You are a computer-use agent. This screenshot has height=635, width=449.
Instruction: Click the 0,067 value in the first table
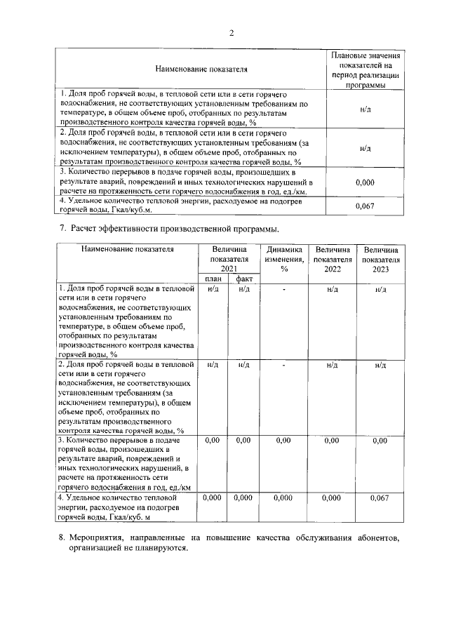tap(363, 205)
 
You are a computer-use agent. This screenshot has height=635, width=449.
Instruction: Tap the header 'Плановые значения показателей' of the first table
tap(364, 69)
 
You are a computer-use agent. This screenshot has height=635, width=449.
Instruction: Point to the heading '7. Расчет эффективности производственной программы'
tap(167, 229)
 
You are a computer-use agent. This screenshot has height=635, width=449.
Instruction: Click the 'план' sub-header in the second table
tap(213, 279)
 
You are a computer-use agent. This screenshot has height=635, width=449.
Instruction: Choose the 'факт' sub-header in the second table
tap(244, 279)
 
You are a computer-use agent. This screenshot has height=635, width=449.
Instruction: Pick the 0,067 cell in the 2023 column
tap(379, 497)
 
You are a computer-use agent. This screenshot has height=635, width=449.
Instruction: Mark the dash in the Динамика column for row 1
tap(284, 289)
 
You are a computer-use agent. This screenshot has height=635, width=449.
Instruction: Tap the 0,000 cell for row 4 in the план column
tap(212, 497)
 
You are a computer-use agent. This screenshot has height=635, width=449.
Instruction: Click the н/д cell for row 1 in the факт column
tap(244, 289)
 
